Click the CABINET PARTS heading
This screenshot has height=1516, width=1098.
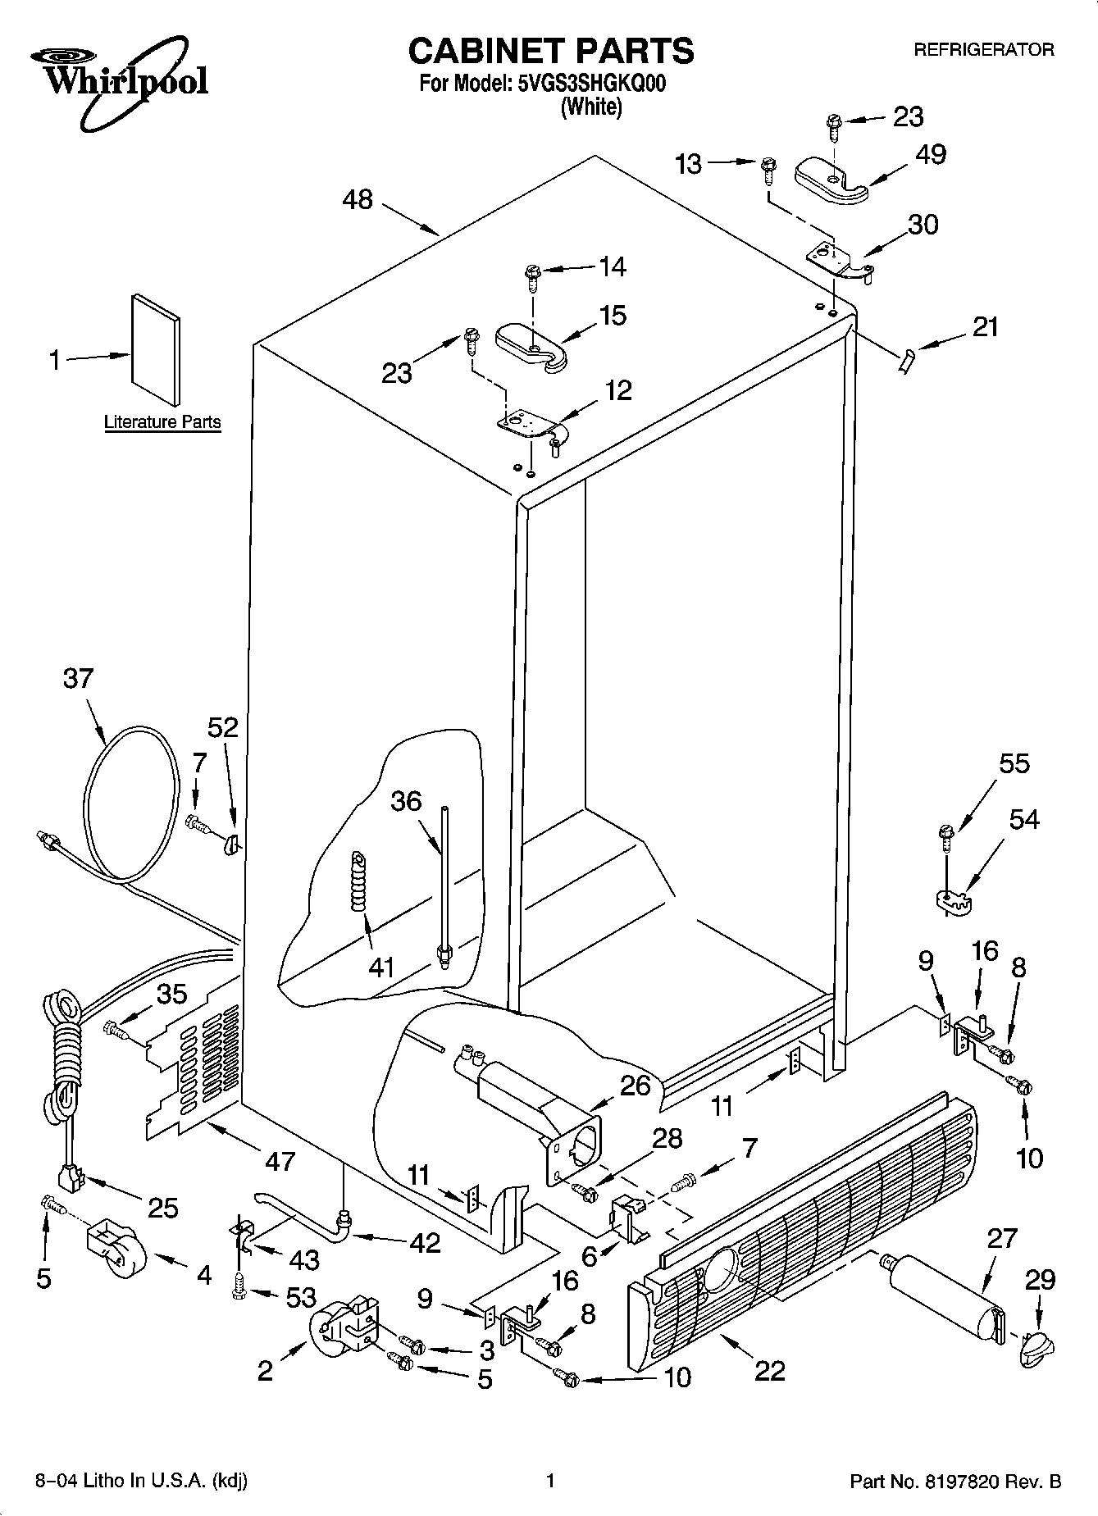point(550,51)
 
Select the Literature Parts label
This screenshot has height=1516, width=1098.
point(162,422)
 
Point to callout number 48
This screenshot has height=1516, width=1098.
point(358,199)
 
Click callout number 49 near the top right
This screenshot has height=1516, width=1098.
point(930,154)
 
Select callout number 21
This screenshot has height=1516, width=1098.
point(985,327)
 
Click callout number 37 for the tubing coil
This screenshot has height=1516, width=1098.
point(78,679)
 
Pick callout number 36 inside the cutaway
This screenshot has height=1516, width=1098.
point(406,801)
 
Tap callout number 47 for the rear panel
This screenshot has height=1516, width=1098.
point(280,1161)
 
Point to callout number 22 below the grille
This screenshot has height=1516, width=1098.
point(769,1370)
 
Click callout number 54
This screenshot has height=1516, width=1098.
point(1023,819)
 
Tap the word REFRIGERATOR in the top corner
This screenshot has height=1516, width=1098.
point(984,50)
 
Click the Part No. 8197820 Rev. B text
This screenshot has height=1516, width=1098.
point(955,1482)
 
